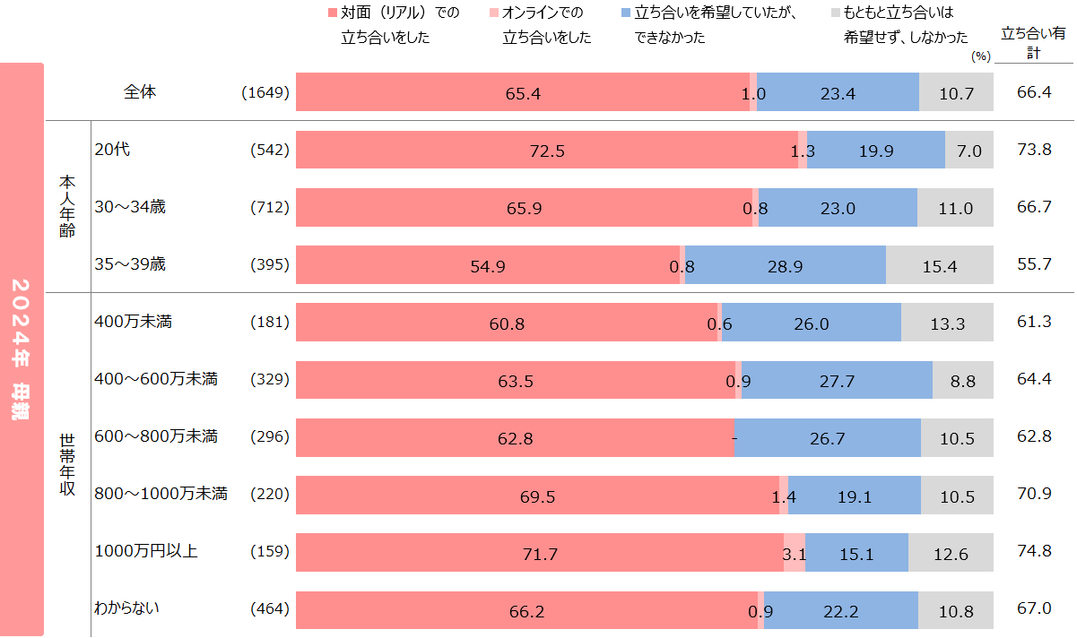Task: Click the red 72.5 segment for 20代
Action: coord(546,150)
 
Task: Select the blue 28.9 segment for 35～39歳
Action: coord(785,265)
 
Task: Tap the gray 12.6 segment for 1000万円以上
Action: coord(951,553)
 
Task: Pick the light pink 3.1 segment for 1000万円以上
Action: coord(795,553)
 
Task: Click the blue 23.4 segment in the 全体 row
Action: coord(838,92)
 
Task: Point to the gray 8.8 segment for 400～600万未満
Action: coord(963,380)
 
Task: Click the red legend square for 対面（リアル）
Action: coord(332,13)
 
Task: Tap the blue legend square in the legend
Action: coord(625,13)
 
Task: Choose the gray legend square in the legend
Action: coord(835,13)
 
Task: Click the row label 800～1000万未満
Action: coord(161,494)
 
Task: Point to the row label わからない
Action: coord(126,608)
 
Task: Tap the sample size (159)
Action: coord(270,552)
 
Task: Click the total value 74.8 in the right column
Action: coord(1034,552)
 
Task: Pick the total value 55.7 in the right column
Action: coord(1034,264)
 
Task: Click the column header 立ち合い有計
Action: coord(1033,43)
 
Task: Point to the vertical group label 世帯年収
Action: coord(67,465)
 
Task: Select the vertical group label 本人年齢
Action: coord(67,206)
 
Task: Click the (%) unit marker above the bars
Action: coord(980,56)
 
